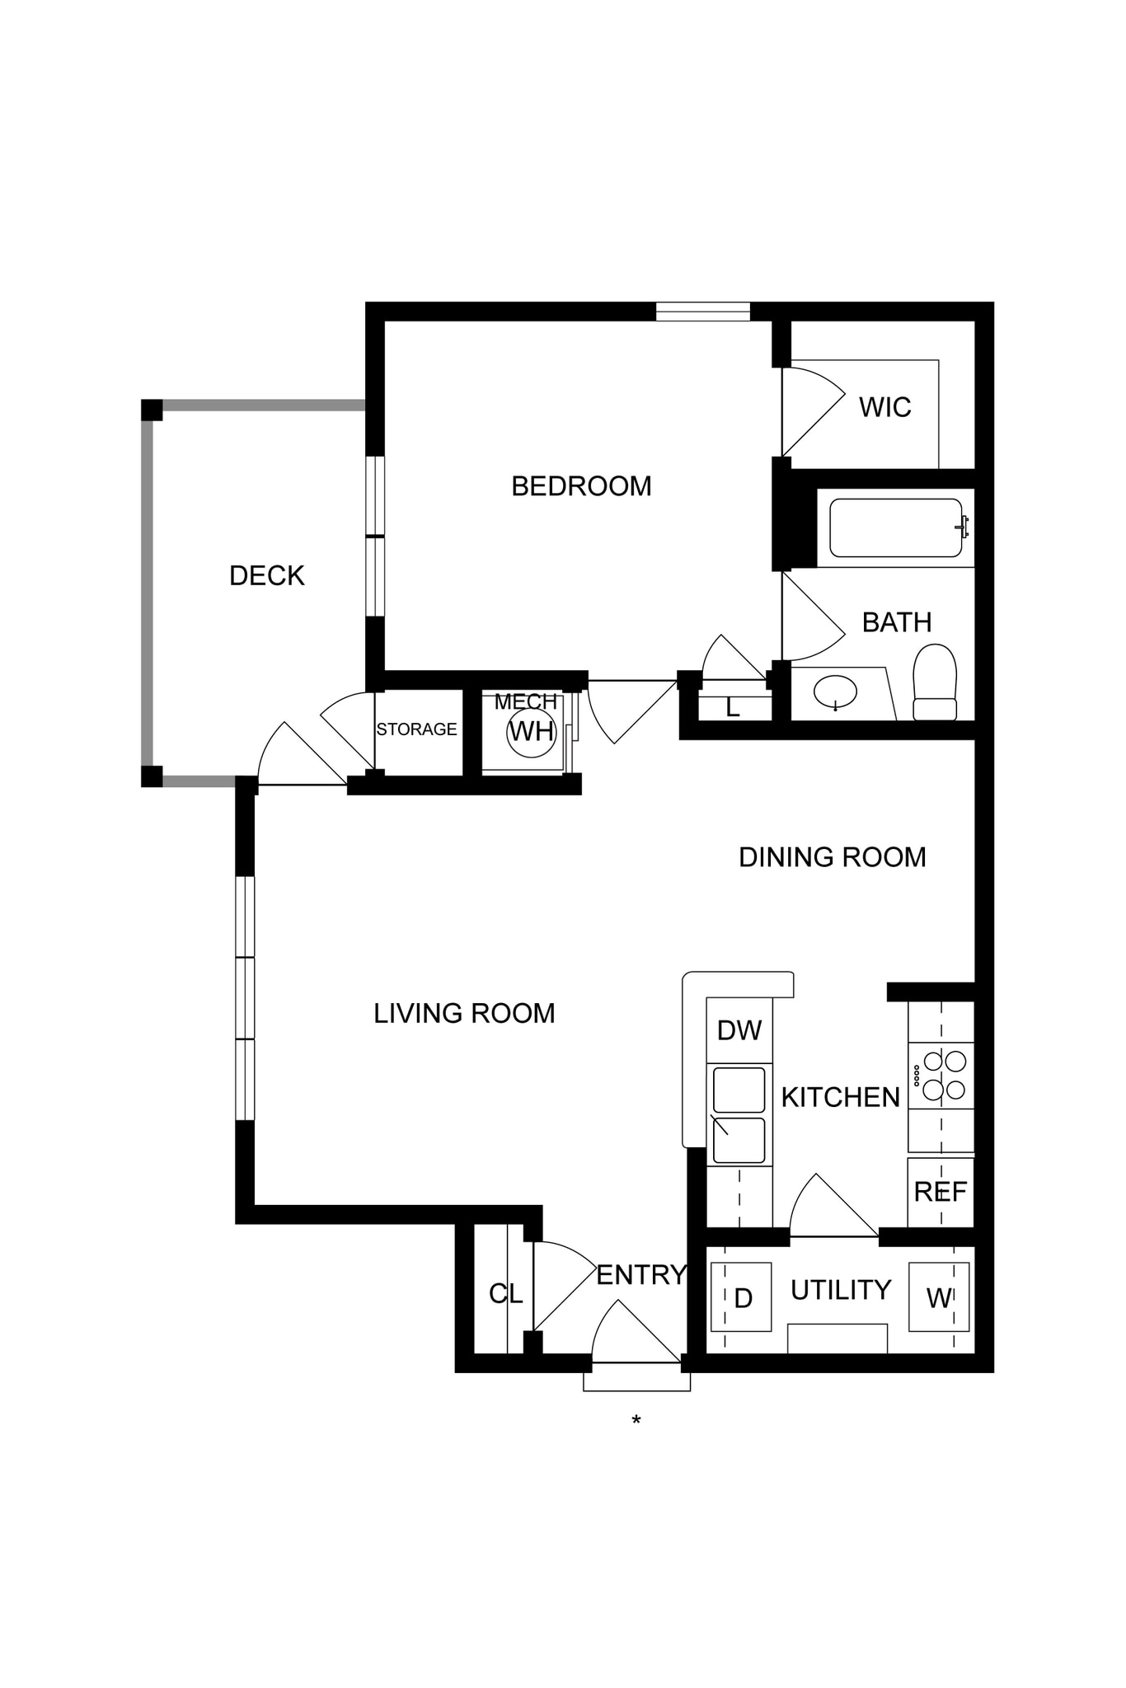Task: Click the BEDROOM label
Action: (x=581, y=486)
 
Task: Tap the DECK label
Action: (x=266, y=575)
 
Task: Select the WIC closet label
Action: (x=884, y=407)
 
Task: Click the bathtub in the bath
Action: (x=896, y=528)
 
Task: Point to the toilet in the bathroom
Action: (x=935, y=682)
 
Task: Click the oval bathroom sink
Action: (x=835, y=692)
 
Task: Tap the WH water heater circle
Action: (x=532, y=731)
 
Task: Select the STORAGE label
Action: (x=416, y=729)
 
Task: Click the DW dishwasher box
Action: (x=739, y=1030)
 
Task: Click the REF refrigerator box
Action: (x=941, y=1192)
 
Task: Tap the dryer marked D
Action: (x=741, y=1298)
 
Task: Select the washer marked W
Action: (x=938, y=1298)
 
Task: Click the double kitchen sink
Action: (x=739, y=1114)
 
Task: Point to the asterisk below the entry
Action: (x=636, y=1420)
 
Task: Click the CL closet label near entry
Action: (x=505, y=1294)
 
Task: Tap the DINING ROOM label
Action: (x=832, y=857)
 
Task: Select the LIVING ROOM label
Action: (x=464, y=1013)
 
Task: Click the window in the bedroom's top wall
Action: (x=703, y=312)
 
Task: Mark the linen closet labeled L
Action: (x=733, y=707)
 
